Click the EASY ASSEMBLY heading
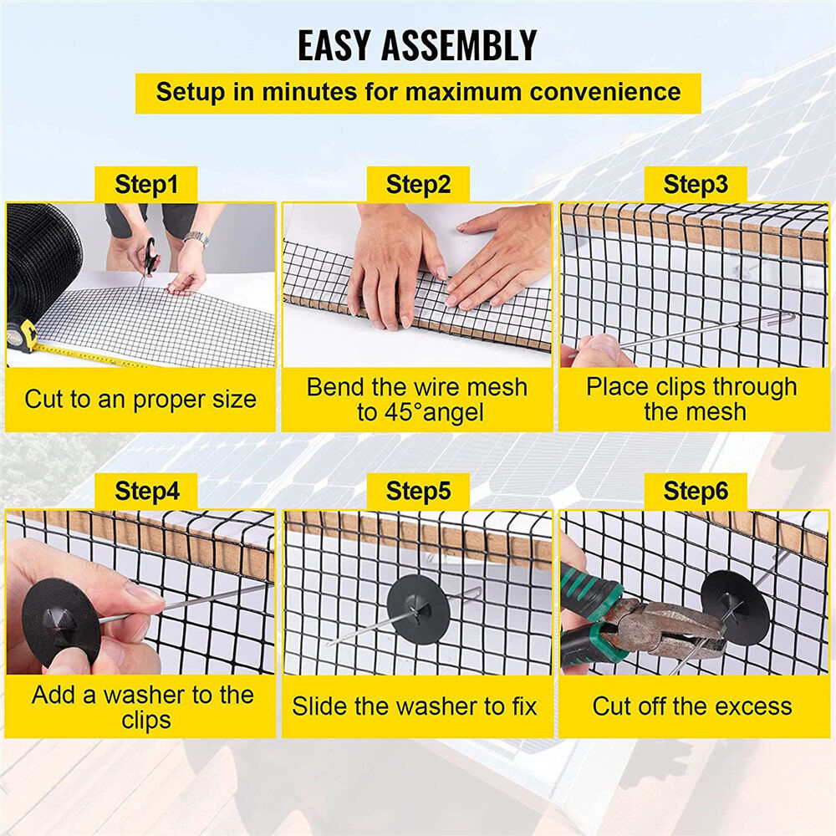coord(417,46)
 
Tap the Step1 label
coord(146,185)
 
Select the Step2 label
coord(418,185)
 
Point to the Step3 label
coord(695,185)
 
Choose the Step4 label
coord(146,492)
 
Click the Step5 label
coord(418,492)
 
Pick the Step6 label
coord(695,492)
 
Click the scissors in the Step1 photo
coord(148,255)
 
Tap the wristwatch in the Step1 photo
coord(196,239)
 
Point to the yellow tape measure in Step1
coord(25,336)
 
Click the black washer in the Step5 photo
coord(419,609)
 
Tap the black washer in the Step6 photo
coord(736,607)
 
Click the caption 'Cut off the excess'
coord(692,706)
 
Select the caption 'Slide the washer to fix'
coord(415,706)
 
